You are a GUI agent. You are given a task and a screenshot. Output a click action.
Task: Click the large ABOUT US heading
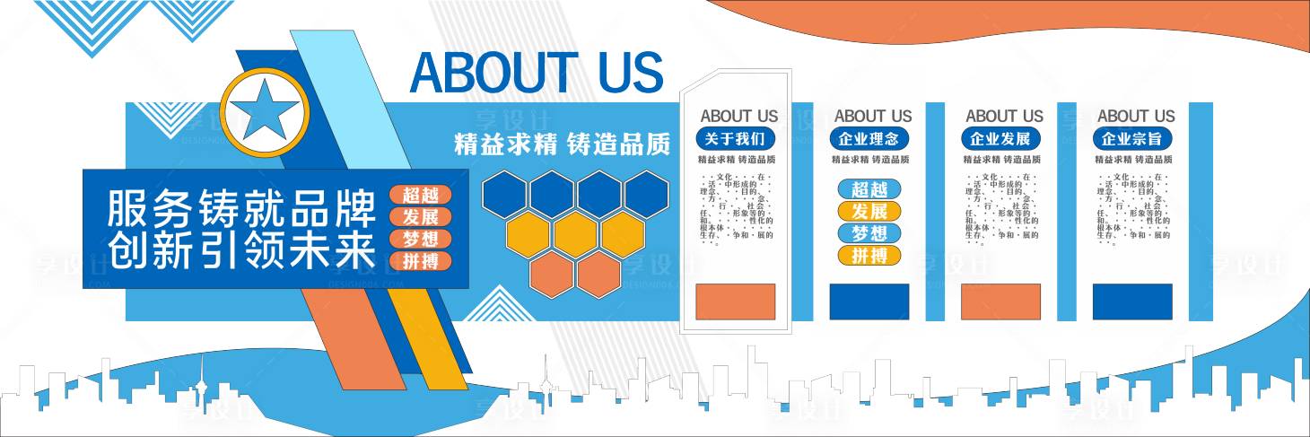pos(536,73)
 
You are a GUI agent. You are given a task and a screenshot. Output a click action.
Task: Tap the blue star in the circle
pos(265,113)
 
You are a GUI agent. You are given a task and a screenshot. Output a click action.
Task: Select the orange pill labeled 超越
pos(420,195)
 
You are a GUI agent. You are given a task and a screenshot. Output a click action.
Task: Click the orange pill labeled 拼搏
pos(420,262)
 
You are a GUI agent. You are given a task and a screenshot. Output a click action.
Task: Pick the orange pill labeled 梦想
pos(420,240)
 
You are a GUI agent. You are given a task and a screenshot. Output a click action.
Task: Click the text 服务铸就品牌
pos(240,208)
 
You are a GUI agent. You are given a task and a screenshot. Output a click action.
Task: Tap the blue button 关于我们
pos(735,139)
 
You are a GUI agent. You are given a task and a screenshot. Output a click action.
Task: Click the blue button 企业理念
pos(868,139)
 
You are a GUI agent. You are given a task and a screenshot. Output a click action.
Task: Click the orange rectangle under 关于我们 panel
pos(735,302)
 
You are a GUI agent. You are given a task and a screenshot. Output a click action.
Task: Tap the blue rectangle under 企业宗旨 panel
pos(1131,302)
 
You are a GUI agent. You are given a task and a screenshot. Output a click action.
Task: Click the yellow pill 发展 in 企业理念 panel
pos(869,211)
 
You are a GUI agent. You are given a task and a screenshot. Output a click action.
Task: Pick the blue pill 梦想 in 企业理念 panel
pos(869,233)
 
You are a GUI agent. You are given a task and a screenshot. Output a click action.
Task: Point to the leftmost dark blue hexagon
pos(503,194)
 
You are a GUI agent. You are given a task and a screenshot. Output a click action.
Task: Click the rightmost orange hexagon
pos(599,275)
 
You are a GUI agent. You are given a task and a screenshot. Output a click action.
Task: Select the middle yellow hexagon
pos(575,234)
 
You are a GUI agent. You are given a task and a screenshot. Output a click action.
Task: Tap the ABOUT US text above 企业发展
pos(1004,116)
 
